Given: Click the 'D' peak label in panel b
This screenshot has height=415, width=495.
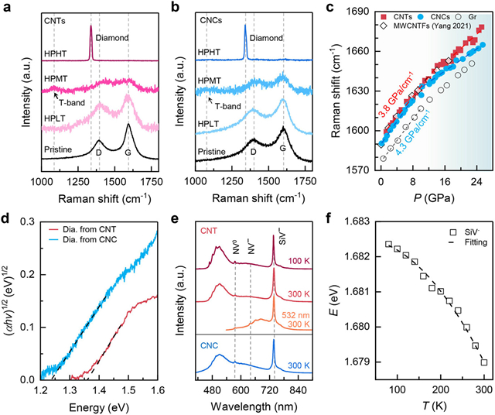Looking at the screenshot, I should [254, 153].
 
